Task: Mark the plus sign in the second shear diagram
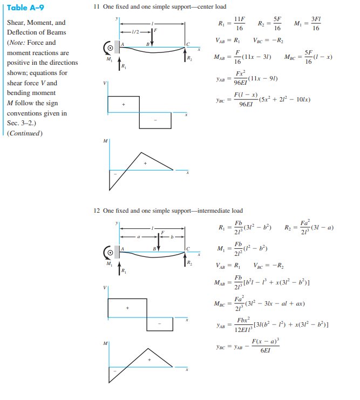[x=128, y=308]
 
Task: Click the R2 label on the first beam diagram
[x=189, y=58]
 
